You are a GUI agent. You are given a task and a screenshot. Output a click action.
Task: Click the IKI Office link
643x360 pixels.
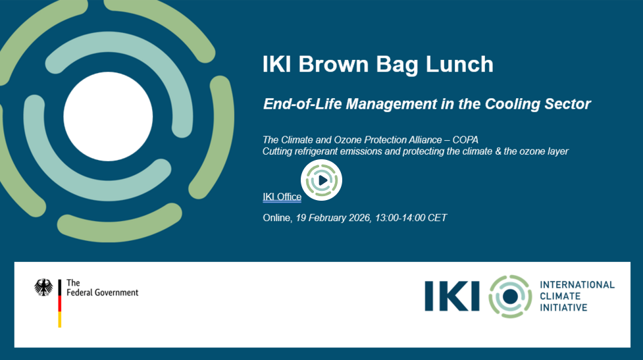[282, 197]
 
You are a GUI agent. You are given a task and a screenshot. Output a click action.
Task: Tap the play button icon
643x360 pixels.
[321, 180]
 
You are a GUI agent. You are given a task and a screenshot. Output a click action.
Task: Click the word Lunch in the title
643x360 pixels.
[459, 64]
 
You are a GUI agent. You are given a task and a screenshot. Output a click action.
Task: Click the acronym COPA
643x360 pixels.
[465, 140]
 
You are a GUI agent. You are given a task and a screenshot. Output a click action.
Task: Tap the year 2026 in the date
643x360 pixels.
[359, 218]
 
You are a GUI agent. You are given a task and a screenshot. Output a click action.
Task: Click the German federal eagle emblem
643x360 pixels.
[43, 288]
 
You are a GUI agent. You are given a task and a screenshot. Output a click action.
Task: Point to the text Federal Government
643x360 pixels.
[103, 293]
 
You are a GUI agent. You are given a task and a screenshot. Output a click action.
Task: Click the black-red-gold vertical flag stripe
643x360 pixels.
[59, 303]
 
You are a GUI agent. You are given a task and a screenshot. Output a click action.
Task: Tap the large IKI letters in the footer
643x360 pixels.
[452, 296]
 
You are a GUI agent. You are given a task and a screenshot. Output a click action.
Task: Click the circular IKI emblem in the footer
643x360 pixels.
[510, 296]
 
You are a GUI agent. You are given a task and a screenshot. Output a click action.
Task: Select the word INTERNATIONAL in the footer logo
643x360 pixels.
[577, 284]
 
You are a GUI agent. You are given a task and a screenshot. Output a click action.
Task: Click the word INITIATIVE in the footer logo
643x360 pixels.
[563, 307]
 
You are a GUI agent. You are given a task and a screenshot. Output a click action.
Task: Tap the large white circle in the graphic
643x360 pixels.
[108, 116]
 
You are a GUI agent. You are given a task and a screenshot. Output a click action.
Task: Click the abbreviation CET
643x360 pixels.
[437, 218]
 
